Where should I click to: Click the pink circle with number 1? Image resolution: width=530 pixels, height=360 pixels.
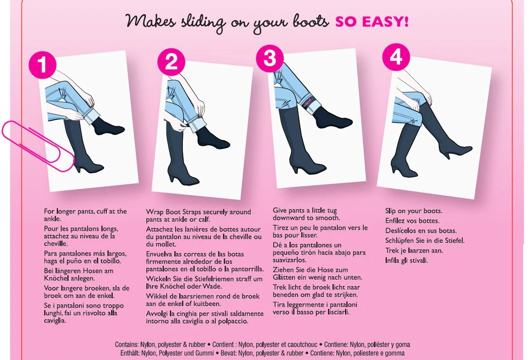42,65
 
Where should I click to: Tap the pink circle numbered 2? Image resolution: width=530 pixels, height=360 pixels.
171,62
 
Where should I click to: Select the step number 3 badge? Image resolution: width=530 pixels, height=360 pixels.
270,58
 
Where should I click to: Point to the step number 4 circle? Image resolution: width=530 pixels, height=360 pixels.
396,57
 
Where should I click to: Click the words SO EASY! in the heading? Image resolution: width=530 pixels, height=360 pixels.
372,22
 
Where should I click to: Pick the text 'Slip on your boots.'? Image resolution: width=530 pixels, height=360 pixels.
414,211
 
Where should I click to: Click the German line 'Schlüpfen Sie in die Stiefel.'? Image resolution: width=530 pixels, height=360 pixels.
425,241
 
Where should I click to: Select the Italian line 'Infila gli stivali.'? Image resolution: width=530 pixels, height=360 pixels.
407,261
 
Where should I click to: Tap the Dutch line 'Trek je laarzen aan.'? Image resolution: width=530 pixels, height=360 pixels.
414,251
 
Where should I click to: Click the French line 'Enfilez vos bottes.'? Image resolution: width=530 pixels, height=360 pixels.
412,221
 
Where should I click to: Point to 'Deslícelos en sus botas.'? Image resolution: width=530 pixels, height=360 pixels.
421,231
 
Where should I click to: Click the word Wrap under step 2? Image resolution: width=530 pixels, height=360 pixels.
154,212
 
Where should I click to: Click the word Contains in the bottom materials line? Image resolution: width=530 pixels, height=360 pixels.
127,345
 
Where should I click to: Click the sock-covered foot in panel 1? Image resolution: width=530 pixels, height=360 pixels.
108,126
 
